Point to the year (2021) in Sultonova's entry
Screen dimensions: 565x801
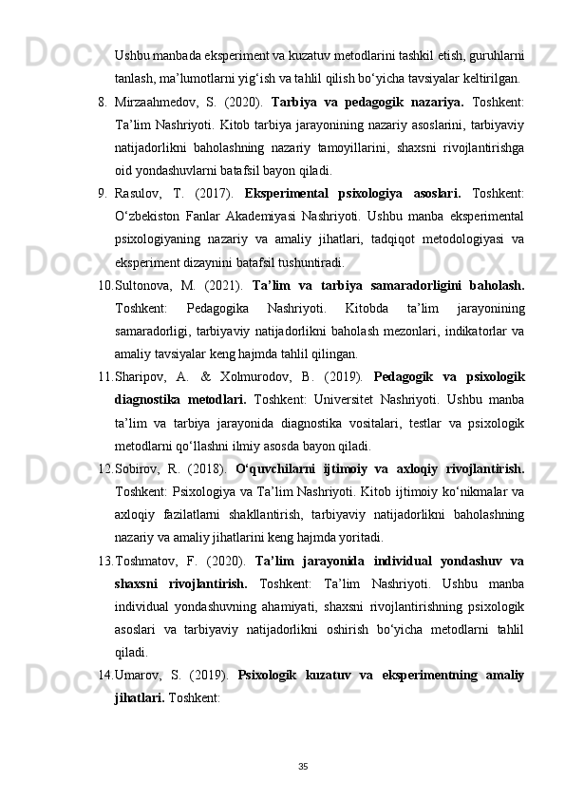click(x=222, y=283)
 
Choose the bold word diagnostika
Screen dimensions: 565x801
click(x=150, y=398)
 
